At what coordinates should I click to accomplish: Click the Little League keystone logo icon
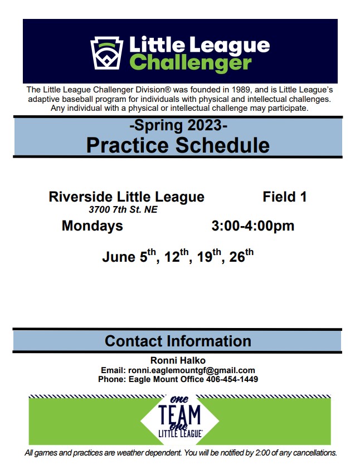[106, 53]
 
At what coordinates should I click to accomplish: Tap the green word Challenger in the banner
[191, 63]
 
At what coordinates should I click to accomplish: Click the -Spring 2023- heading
[178, 125]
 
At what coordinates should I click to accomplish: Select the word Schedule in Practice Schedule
[222, 145]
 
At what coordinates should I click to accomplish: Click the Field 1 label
[285, 197]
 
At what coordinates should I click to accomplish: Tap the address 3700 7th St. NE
[123, 209]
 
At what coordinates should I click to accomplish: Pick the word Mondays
[93, 226]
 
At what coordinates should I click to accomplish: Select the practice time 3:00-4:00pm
[253, 226]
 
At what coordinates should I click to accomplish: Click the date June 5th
[129, 256]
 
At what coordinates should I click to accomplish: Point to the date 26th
[241, 256]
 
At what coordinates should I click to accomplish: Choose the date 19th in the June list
[209, 256]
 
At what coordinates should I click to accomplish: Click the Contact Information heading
[178, 341]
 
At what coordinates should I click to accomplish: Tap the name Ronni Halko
[178, 360]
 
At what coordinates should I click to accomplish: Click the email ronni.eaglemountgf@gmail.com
[192, 370]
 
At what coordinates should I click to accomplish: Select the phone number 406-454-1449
[232, 379]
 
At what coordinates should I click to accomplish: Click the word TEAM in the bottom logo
[179, 415]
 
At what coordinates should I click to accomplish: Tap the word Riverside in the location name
[81, 197]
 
